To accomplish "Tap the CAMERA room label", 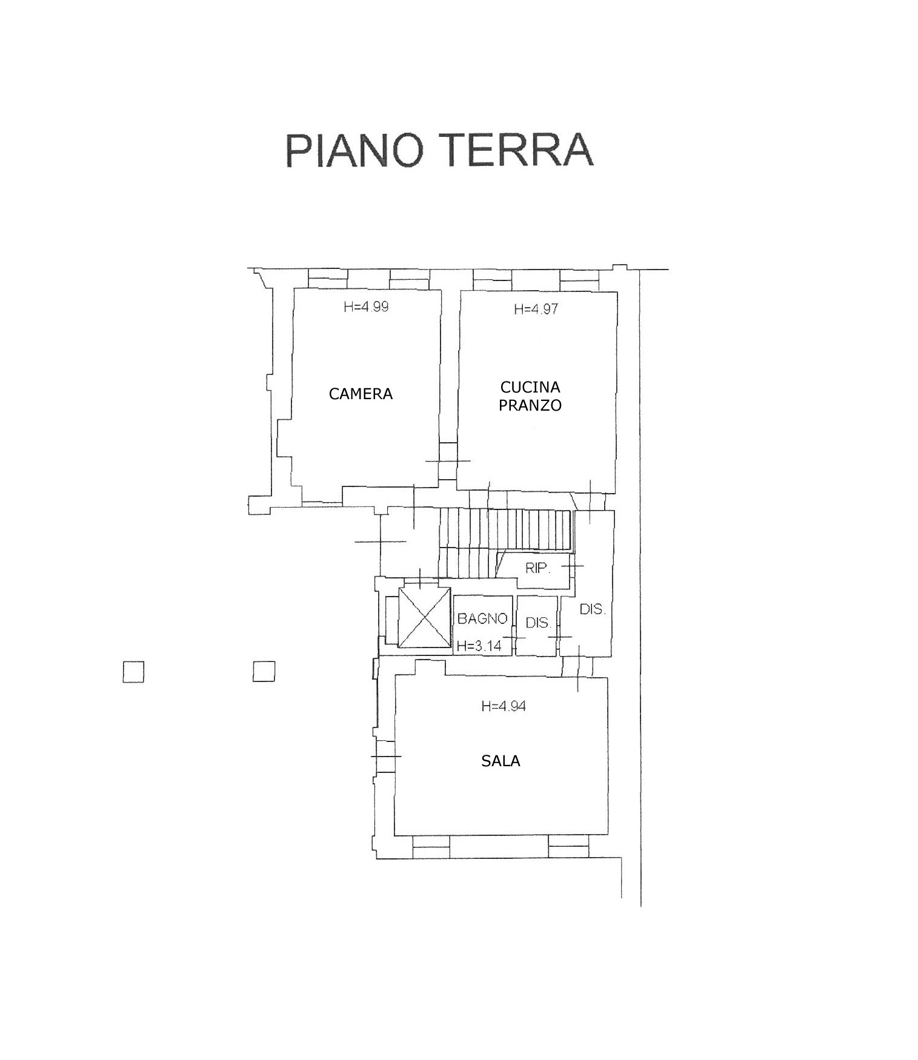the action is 361,394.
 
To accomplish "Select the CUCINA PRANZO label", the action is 530,396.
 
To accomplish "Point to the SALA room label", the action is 501,761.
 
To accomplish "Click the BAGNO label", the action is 482,618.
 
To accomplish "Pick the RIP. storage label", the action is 537,568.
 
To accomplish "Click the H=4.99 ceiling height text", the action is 366,306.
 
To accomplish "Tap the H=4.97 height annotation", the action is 536,309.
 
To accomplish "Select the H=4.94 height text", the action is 504,706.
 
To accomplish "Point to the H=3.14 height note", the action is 479,646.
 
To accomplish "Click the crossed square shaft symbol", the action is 425,617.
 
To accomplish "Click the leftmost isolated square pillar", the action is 133,672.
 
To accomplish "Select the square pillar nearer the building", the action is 264,671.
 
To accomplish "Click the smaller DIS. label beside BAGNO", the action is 538,622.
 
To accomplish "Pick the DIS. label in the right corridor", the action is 593,609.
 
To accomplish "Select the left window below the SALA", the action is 431,846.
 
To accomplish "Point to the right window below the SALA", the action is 568,846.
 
